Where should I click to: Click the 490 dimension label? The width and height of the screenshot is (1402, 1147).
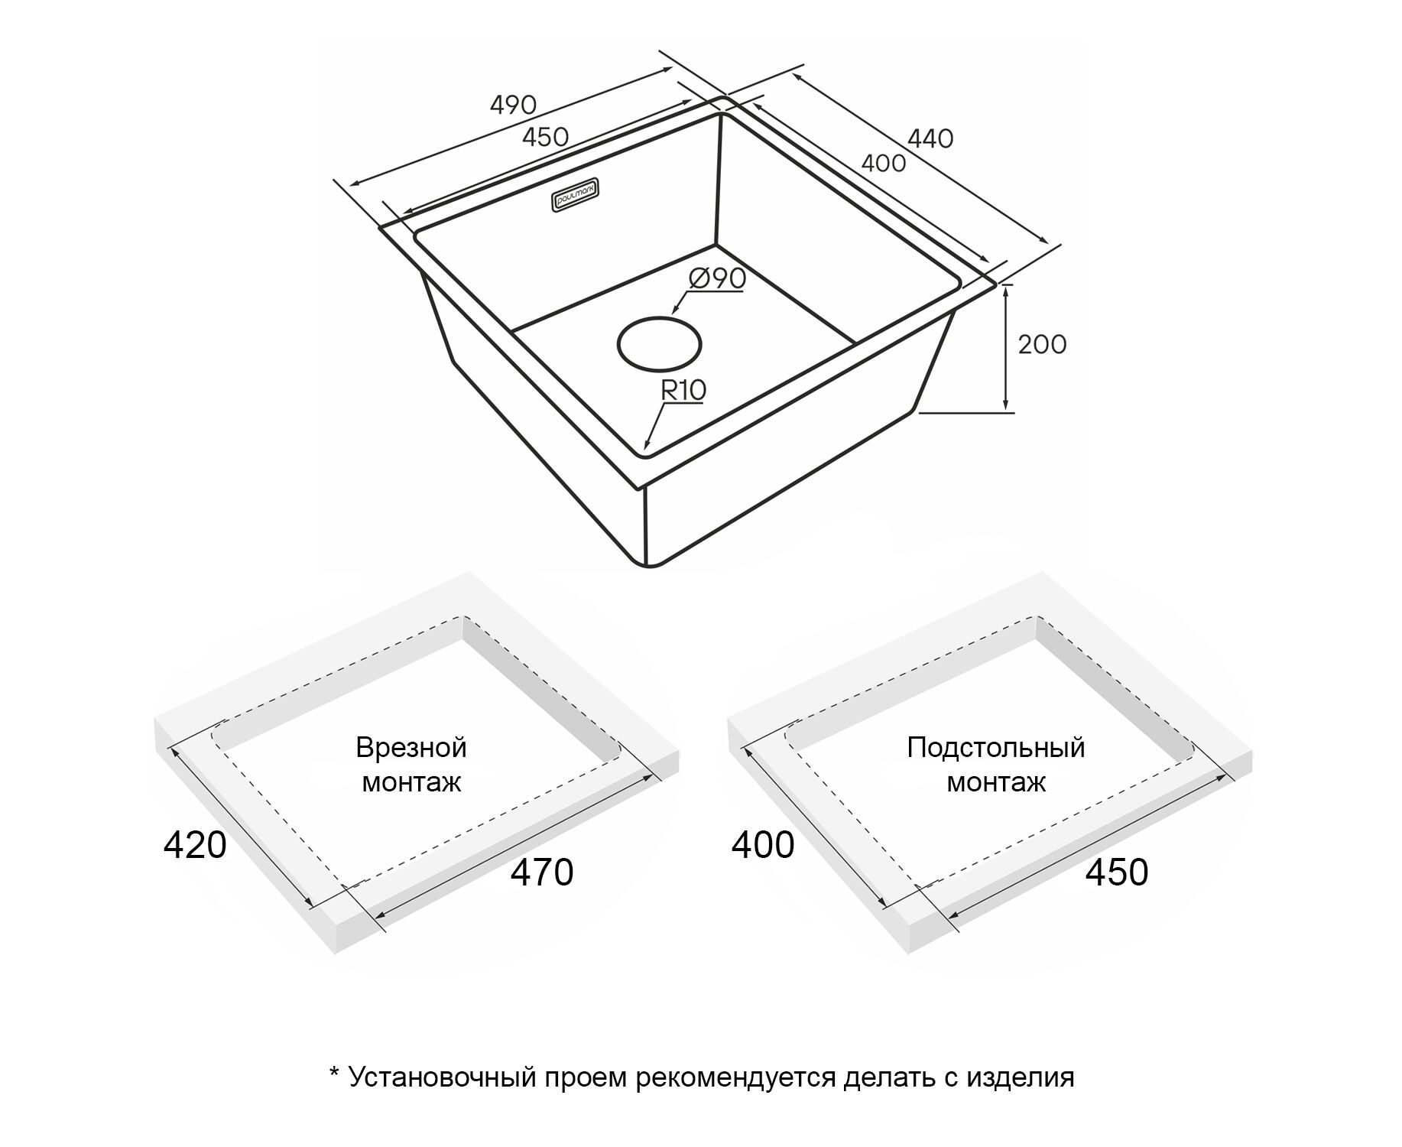pos(513,104)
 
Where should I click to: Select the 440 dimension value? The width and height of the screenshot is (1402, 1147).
pos(930,138)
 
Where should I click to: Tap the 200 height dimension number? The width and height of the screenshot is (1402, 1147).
pos(1042,344)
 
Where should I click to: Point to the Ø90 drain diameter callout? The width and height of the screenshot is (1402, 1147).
pos(716,278)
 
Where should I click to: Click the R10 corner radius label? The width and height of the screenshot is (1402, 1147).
pos(683,390)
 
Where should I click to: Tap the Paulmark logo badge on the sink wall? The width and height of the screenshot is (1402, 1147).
pos(579,196)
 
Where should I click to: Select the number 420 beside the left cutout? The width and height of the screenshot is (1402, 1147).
pos(195,845)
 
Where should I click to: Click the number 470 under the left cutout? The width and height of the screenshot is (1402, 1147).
pos(542,872)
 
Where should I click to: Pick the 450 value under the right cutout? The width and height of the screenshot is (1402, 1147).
pos(1117,872)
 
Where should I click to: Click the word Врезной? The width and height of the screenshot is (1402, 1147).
pos(411,747)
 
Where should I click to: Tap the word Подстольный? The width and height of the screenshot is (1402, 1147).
pos(996,747)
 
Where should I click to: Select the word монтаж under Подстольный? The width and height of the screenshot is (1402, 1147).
pos(996,782)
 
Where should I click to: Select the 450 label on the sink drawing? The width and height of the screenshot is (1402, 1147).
pos(545,137)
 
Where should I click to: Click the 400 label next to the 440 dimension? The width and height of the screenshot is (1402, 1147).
pos(883,163)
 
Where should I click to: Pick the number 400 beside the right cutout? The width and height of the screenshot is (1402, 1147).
pos(763,845)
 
